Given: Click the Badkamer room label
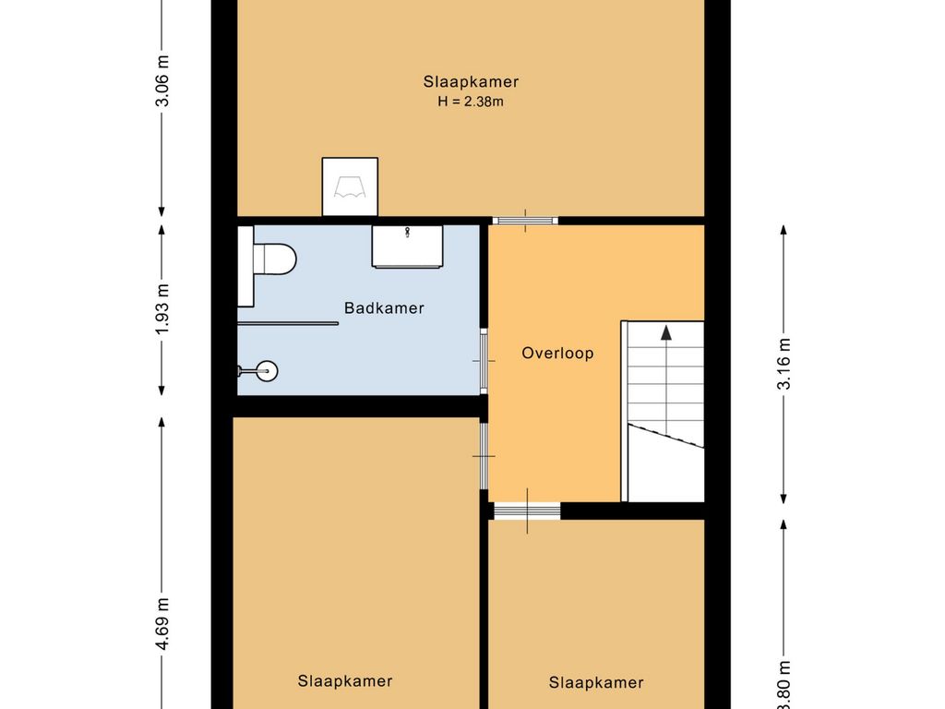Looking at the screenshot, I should click(384, 308).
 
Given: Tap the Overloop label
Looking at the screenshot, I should click(557, 353).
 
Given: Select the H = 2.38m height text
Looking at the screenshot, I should click(471, 102).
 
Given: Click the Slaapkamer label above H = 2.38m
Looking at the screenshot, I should click(471, 82).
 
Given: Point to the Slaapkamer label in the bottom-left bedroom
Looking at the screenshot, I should click(345, 681).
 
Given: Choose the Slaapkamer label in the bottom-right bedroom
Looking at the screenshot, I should click(596, 683).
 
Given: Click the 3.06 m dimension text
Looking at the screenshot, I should click(162, 80).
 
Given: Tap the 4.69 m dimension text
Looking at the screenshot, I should click(162, 625).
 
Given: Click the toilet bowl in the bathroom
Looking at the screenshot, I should click(274, 258).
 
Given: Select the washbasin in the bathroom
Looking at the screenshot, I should click(406, 246).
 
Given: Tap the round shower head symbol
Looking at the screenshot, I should click(267, 371).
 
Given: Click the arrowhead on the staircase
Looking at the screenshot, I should click(664, 332).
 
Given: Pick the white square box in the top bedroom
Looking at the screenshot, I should click(350, 186).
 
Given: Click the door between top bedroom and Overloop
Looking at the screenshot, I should click(524, 221).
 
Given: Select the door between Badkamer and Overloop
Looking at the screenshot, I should click(484, 360).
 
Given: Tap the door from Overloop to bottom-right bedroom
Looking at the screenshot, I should click(526, 511).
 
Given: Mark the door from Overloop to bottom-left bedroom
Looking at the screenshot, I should click(484, 455).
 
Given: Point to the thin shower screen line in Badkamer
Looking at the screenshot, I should click(288, 323).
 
